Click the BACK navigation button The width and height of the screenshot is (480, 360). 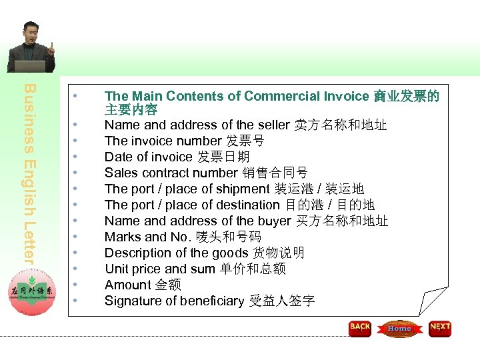(360, 328)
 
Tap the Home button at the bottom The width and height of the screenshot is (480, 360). (399, 329)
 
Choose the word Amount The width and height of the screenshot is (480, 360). (127, 285)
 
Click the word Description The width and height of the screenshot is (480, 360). (137, 253)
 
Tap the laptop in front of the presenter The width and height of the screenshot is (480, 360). (31, 67)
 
